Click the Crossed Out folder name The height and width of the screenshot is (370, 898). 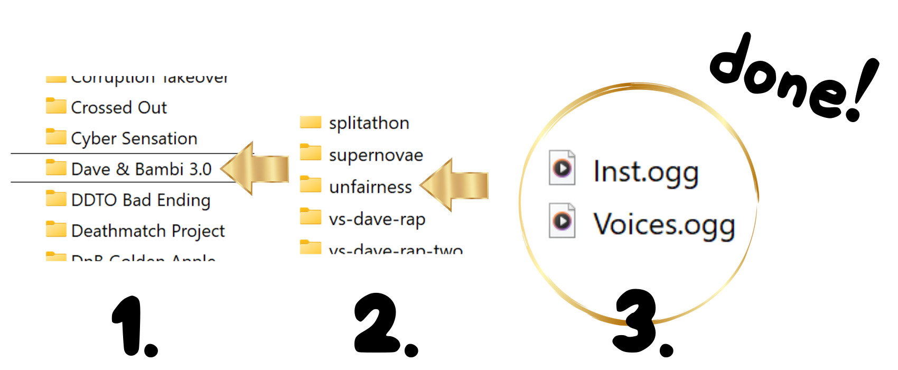119,108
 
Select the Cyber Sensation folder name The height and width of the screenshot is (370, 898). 134,138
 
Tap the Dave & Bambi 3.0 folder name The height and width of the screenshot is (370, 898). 141,169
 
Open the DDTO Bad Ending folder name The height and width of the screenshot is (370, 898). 141,200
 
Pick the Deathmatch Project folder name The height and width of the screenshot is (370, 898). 148,231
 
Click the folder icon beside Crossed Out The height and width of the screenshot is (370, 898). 56,106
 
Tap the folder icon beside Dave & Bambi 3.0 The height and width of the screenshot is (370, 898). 56,168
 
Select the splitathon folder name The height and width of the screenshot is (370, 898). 369,123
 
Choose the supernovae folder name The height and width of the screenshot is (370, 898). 376,155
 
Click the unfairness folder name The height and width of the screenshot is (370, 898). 370,187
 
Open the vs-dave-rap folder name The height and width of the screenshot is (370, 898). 377,219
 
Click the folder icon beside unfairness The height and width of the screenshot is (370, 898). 311,185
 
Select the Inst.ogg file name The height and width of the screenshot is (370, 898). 646,172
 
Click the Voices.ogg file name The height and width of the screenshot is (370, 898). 664,225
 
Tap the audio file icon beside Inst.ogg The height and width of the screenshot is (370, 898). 562,168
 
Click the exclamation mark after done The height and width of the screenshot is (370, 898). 862,90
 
